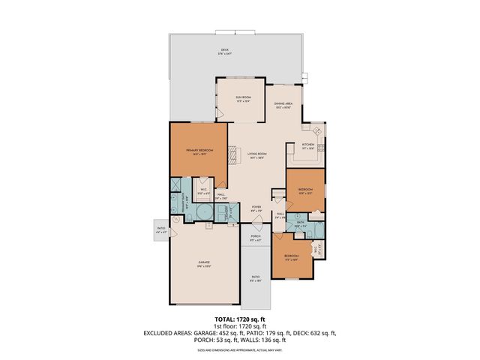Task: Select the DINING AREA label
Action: [283, 105]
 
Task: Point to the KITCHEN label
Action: [307, 145]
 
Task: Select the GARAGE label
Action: [204, 263]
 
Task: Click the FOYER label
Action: [256, 209]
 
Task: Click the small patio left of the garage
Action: [160, 229]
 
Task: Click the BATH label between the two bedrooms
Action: [300, 223]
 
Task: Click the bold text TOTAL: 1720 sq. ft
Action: [239, 319]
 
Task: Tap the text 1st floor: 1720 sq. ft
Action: [239, 326]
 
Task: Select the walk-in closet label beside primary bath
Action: [203, 190]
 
